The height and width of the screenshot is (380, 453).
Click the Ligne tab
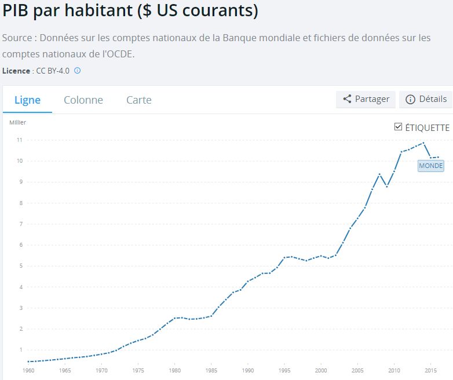(27, 100)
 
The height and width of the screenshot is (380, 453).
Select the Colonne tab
(83, 100)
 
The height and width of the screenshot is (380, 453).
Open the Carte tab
(139, 100)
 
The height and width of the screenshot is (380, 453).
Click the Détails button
(426, 99)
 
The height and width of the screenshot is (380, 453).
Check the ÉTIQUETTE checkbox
(398, 127)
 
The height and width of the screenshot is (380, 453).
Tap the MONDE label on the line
(430, 166)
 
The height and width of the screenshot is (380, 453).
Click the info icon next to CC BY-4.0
(77, 71)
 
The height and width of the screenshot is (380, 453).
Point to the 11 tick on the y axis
(20, 140)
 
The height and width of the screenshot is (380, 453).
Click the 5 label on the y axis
(20, 266)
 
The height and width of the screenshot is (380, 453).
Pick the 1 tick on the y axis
(20, 350)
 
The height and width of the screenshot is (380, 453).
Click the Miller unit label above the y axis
(17, 122)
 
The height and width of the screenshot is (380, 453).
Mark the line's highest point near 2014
(423, 143)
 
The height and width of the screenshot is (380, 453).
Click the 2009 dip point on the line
(387, 187)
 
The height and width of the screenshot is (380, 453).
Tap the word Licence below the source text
(16, 71)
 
